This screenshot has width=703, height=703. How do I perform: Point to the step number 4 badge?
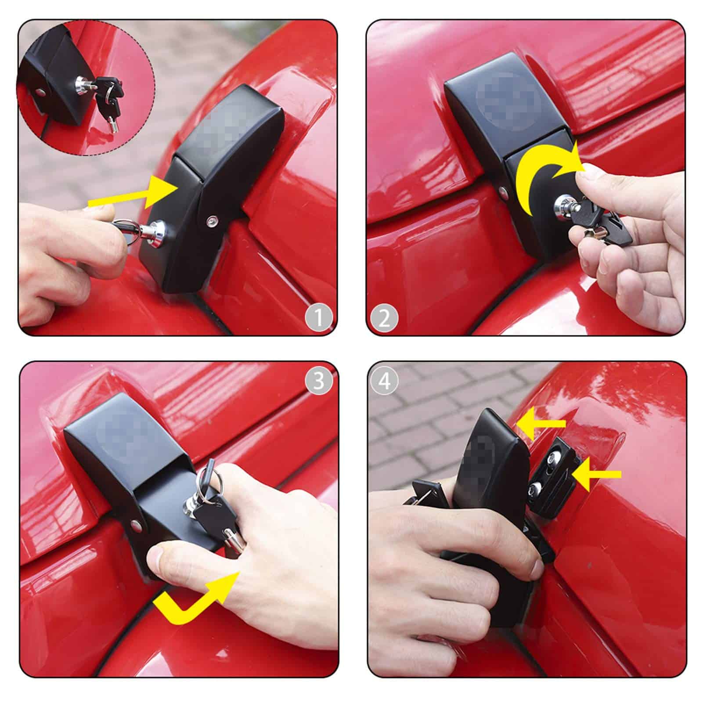coord(384,380)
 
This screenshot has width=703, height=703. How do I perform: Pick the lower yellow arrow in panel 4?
coord(597,474)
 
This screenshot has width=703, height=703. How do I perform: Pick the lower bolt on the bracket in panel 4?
coord(534,488)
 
